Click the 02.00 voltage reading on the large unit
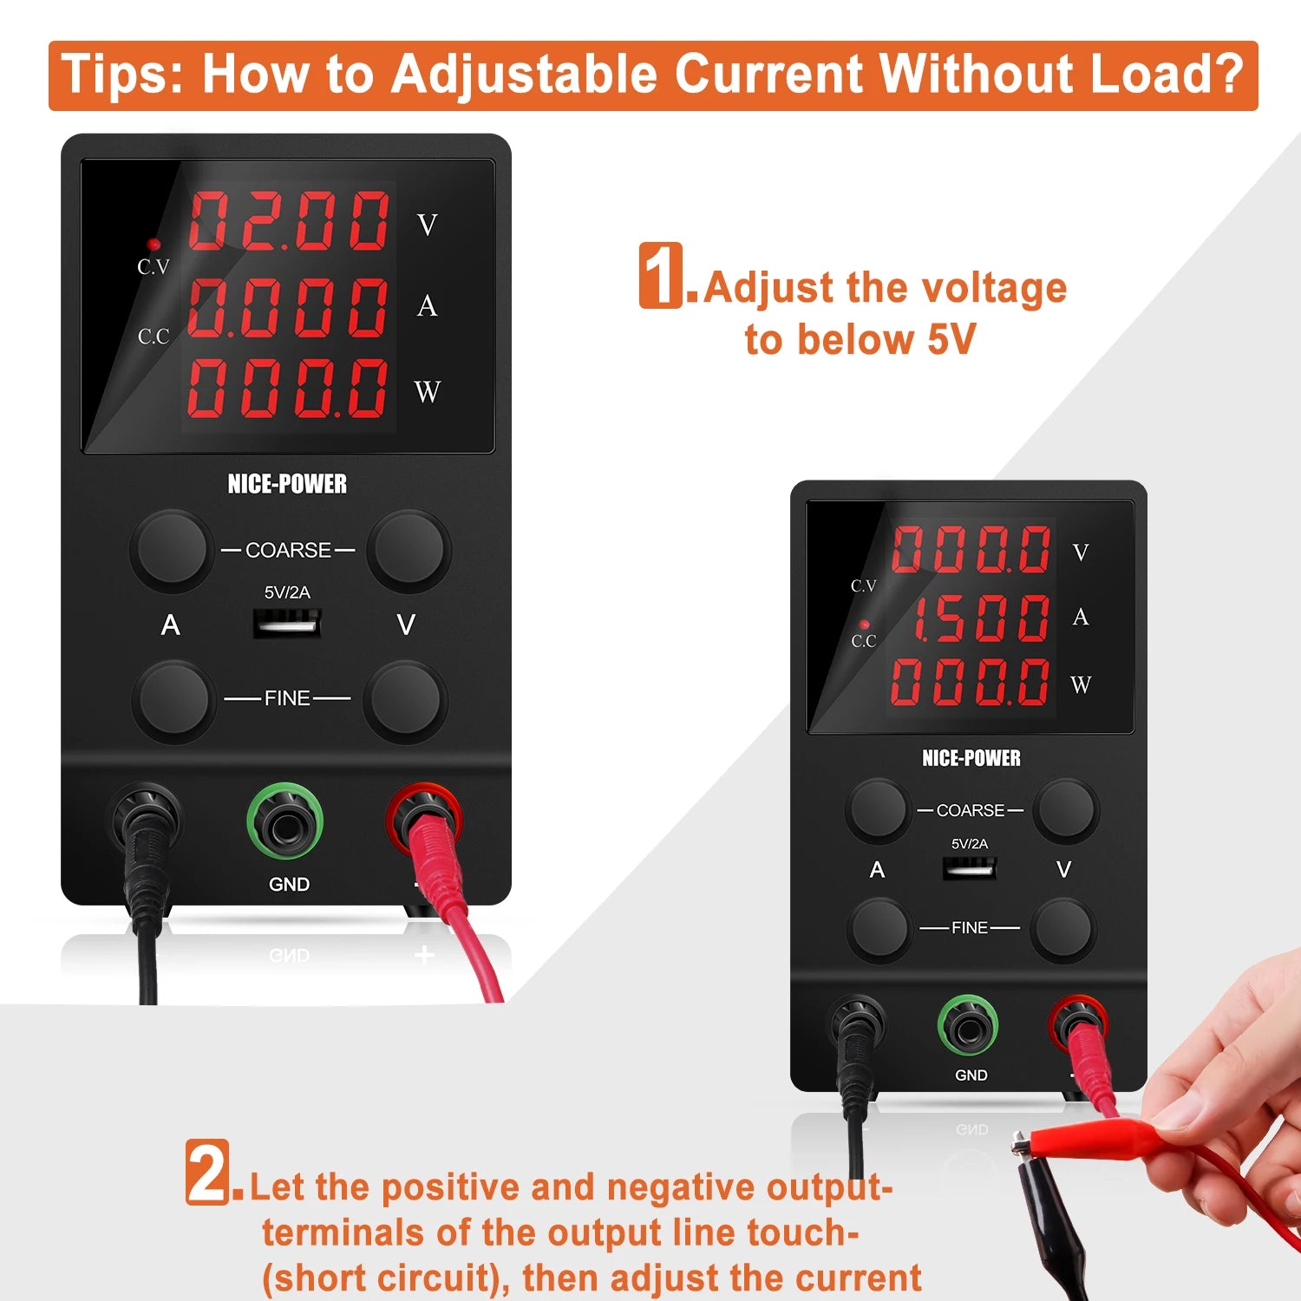289,221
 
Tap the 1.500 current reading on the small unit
981,618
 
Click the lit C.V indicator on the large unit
154,245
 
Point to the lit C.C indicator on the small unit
864,624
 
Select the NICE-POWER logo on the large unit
287,484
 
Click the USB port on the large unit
287,622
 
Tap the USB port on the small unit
970,866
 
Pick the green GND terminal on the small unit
968,1028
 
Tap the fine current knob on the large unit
174,700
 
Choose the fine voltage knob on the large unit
405,700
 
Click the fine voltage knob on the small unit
1064,929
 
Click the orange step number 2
208,1172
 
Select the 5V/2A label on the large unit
287,592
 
